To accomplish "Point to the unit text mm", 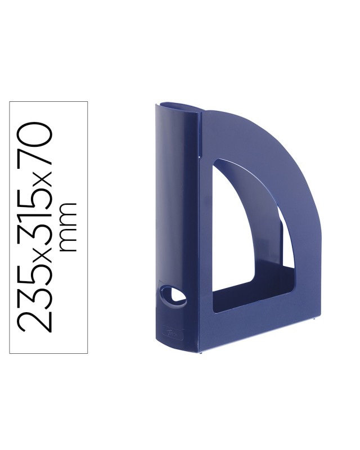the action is point(67,227).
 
